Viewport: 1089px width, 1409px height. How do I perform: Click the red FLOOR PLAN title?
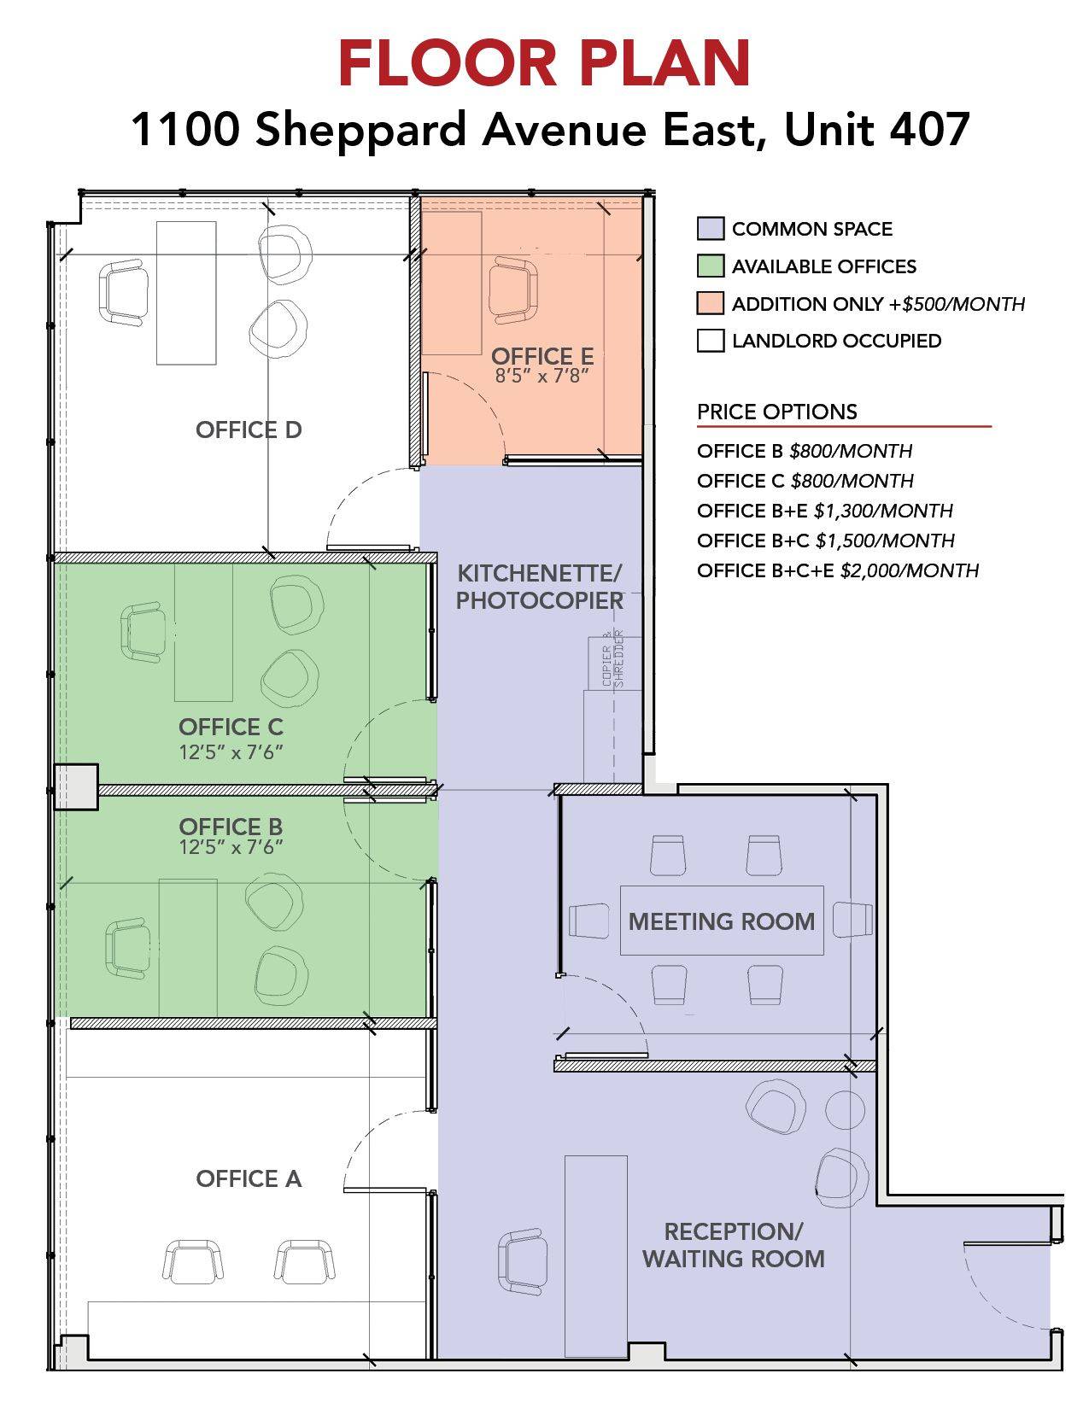point(544,63)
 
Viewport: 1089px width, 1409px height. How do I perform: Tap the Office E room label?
point(542,356)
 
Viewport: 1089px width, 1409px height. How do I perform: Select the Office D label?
point(249,430)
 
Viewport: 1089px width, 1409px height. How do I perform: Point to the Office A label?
point(249,1178)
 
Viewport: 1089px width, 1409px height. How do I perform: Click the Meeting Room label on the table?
point(721,921)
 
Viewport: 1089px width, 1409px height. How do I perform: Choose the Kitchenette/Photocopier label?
point(540,587)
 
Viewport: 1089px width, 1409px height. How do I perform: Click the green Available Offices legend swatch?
point(711,266)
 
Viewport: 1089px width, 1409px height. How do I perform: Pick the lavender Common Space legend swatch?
point(711,228)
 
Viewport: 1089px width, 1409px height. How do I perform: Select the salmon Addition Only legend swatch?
point(711,303)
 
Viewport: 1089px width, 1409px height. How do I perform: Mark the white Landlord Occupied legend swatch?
point(711,341)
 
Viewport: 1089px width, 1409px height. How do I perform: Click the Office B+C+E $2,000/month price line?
point(838,570)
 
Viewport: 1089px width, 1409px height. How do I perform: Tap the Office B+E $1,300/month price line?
point(825,511)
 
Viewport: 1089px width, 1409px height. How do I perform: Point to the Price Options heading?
point(777,412)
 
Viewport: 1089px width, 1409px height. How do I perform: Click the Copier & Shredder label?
point(613,658)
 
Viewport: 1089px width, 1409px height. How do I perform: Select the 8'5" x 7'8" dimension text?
point(542,376)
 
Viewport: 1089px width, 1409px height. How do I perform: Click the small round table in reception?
point(845,1109)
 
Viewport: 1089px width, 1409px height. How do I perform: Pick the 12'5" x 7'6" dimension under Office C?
point(231,752)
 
